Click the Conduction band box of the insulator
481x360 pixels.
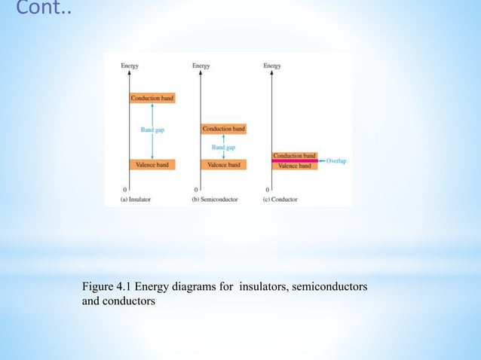click(x=152, y=99)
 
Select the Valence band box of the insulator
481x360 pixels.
click(x=152, y=164)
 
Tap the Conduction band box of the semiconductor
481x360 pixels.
click(x=224, y=129)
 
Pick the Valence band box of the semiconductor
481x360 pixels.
click(x=224, y=164)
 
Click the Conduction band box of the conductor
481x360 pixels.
click(x=295, y=155)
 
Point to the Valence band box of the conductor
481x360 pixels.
click(x=295, y=166)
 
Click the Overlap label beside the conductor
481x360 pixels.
click(x=336, y=160)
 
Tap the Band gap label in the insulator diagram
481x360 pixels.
click(x=152, y=130)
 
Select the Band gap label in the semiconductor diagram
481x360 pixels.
click(x=224, y=147)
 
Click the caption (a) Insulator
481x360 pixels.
click(x=137, y=200)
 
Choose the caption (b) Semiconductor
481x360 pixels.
click(x=216, y=200)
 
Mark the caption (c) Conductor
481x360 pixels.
click(x=280, y=200)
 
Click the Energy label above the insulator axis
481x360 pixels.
click(x=130, y=66)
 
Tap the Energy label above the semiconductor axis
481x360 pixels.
click(x=201, y=66)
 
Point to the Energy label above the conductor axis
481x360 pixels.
click(x=272, y=66)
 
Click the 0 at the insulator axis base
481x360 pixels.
click(x=124, y=188)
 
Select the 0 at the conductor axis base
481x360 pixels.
click(x=267, y=188)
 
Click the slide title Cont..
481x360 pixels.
click(x=39, y=10)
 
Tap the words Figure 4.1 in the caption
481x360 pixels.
click(x=106, y=287)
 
